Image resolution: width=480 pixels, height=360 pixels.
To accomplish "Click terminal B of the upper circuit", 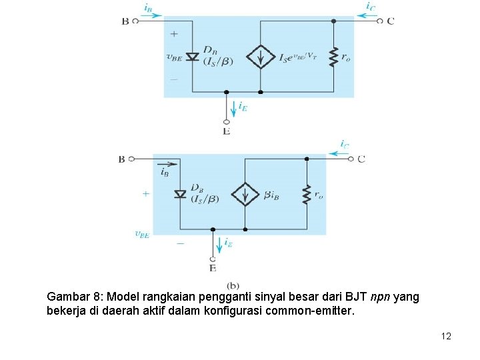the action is coord(135,21).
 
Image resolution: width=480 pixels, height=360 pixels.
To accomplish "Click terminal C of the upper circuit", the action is coord(380,21).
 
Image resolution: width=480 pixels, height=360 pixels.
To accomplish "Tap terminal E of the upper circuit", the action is coord(227,122).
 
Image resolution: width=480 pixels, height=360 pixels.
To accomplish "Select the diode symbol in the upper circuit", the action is coord(193,57).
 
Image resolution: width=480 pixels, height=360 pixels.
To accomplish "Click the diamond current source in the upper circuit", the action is coord(260,57).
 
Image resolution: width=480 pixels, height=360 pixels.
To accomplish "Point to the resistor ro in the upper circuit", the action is coord(333,57).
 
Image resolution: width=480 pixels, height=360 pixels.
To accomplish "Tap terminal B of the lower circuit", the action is coord(131,159).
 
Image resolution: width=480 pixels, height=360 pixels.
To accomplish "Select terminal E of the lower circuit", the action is coord(213,259).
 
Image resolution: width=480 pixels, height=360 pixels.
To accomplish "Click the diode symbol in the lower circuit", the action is coord(179,194).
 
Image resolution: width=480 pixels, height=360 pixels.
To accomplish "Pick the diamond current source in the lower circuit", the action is coord(245,195).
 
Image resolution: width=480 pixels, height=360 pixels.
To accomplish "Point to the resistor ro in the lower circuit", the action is coord(307,195).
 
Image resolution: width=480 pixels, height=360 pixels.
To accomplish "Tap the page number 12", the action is coord(446,336).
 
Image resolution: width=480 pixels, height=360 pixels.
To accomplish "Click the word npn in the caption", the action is coord(382,297).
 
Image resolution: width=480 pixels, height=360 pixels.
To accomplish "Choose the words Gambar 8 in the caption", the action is coord(72,297).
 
